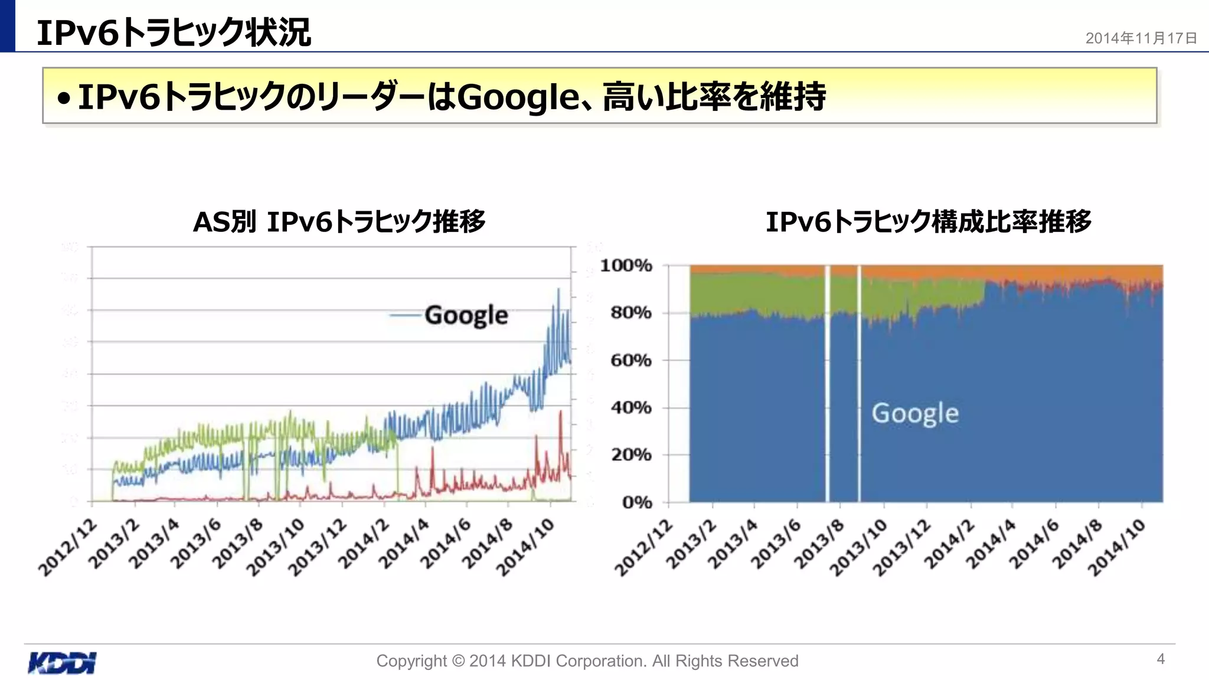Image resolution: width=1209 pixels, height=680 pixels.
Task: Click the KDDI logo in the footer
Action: click(x=62, y=662)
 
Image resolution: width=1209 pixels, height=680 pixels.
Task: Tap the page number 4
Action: click(x=1160, y=659)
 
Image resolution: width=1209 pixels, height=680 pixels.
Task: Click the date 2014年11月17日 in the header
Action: click(x=1141, y=38)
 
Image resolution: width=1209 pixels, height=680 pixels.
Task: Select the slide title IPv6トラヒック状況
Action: click(x=174, y=32)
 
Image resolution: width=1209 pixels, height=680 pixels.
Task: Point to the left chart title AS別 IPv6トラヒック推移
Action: click(x=339, y=222)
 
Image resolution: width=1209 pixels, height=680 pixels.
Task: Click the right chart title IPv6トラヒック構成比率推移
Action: click(x=928, y=222)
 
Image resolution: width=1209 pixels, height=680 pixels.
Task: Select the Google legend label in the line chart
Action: click(x=466, y=315)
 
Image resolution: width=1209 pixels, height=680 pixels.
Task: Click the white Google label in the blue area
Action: click(x=915, y=413)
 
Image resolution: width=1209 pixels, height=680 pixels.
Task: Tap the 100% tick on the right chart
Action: click(x=626, y=266)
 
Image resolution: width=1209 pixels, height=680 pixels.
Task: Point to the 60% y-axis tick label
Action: click(x=630, y=360)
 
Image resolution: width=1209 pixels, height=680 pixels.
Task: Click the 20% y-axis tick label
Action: click(x=630, y=455)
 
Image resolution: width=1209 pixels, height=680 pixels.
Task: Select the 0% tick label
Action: click(x=636, y=502)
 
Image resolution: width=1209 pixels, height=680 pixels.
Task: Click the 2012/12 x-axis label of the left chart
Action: click(x=68, y=548)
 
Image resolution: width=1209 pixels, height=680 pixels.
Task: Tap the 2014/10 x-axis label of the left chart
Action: click(x=525, y=548)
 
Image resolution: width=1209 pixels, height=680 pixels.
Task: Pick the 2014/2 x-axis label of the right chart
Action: click(x=948, y=544)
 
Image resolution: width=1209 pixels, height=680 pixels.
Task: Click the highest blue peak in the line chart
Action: click(x=558, y=289)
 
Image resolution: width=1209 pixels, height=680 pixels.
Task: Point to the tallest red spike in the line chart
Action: click(x=560, y=411)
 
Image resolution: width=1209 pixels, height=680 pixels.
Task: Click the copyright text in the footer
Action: click(x=587, y=661)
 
